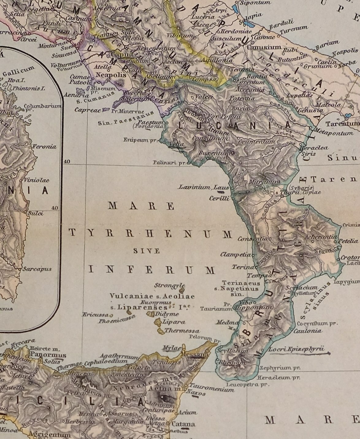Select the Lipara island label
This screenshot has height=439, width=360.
coord(174,322)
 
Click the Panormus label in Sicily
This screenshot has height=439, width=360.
coord(48,355)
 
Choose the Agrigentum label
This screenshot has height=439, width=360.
coord(49,434)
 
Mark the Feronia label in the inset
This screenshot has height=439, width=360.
coord(45,147)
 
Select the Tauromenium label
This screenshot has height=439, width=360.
coord(212,388)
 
